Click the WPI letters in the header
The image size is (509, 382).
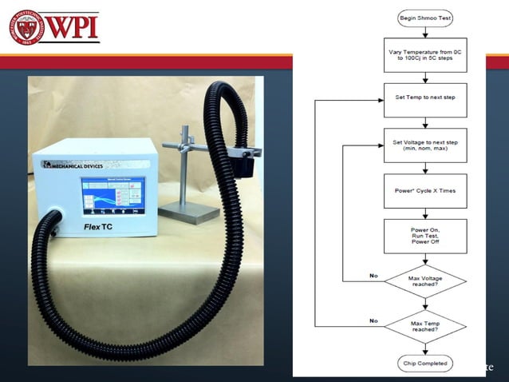coord(74,27)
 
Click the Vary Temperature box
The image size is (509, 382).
coord(424,55)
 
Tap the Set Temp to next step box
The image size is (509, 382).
coord(424,100)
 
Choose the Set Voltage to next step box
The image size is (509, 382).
coord(424,145)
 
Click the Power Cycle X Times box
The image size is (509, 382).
coord(424,191)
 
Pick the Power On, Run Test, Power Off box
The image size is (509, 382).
coord(424,236)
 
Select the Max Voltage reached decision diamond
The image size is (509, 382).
coord(424,281)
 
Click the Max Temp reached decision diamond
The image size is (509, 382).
coord(424,326)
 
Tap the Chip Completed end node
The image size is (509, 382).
coord(424,364)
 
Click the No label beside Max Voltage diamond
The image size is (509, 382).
coord(373,275)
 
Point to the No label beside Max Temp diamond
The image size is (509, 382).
coord(373,320)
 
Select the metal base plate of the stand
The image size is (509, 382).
coord(188,213)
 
